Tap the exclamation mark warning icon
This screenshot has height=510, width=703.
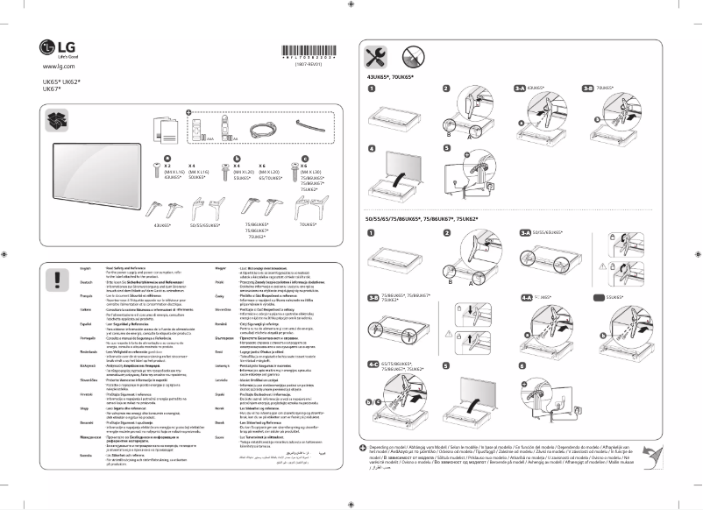[x=58, y=280]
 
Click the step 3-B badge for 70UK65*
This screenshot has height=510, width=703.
[x=588, y=89]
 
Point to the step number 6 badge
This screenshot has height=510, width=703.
[x=522, y=365]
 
